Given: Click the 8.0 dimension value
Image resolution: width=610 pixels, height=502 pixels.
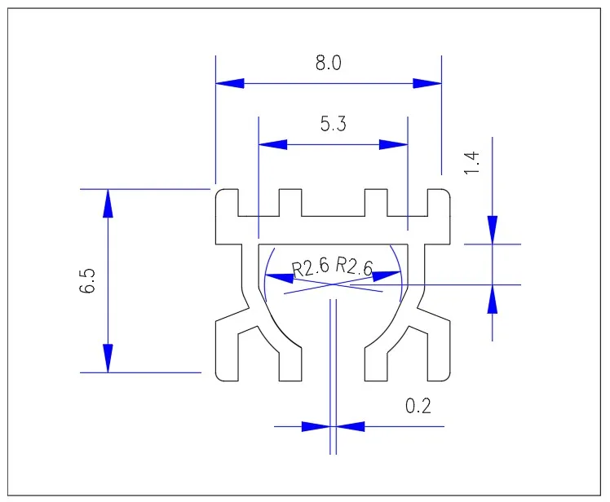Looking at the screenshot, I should point(329,64).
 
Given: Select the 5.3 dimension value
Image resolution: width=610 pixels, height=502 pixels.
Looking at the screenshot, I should point(333,125).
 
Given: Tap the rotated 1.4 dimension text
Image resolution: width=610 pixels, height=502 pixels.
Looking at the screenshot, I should point(472,162).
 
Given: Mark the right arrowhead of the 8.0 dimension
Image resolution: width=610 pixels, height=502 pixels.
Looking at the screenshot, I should point(427,83).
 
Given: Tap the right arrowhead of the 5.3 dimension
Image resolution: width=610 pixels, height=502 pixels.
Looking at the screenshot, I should point(393,144).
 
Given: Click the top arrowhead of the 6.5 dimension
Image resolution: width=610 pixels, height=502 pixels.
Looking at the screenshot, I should point(108,204).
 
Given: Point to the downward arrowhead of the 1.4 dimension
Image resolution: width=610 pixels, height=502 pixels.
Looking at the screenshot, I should point(493,229).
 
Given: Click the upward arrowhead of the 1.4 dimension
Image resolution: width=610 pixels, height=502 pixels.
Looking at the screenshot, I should point(493,299).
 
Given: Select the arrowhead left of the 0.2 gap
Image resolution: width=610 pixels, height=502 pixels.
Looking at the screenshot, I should point(316,425).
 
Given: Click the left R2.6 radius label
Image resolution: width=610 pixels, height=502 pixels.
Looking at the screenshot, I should point(309,267).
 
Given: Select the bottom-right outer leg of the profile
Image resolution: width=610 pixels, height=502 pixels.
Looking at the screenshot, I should point(437,350).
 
